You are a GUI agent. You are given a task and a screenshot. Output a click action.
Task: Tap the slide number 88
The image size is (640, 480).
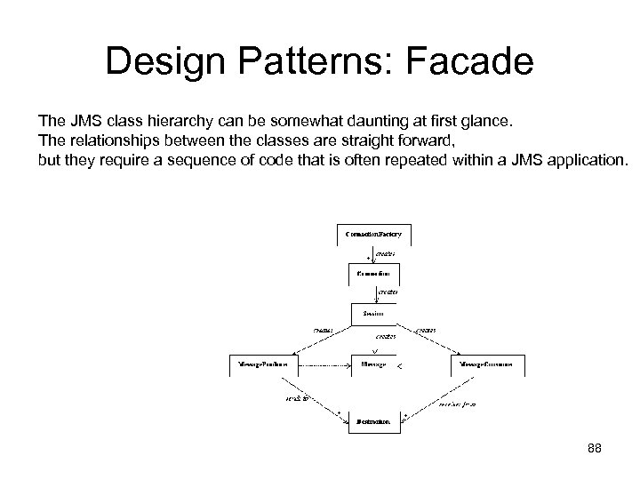click(x=595, y=448)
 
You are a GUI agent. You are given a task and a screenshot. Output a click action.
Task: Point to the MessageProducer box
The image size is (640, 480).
click(x=262, y=364)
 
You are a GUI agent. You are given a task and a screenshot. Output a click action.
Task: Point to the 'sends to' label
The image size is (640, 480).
click(x=296, y=399)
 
